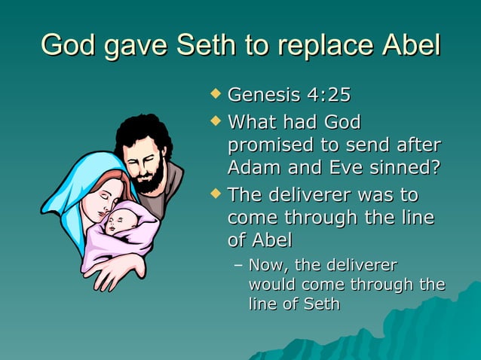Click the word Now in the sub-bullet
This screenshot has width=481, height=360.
coord(265,265)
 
